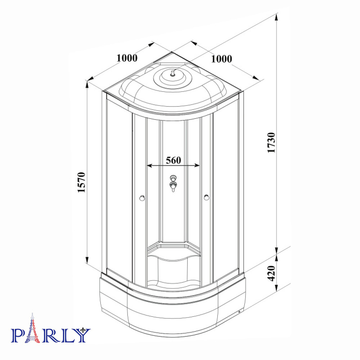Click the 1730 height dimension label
271,142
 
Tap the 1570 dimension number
81,182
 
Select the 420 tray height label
271,273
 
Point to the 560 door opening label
174,160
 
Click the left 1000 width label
127,58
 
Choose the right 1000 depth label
221,59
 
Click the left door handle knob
142,198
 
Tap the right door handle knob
206,197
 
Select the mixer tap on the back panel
173,183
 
